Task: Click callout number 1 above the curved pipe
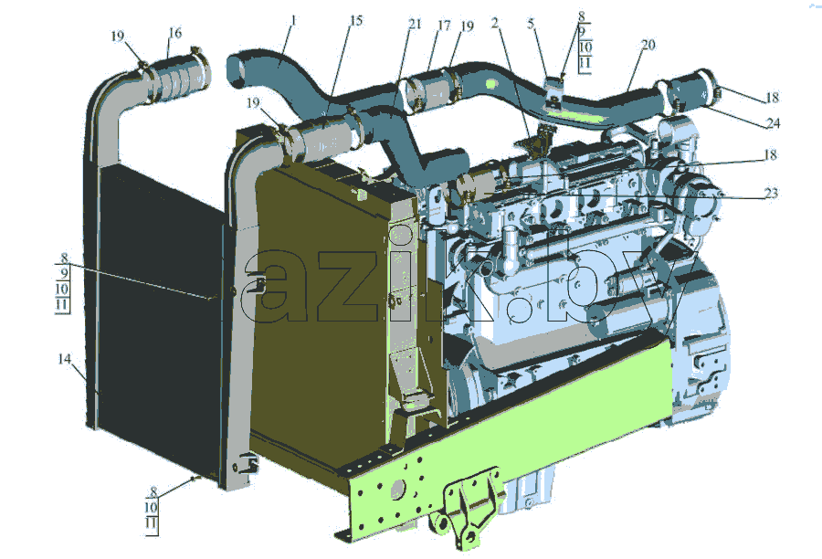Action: click(293, 21)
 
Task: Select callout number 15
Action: click(356, 21)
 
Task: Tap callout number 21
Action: click(415, 24)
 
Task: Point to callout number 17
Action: click(444, 26)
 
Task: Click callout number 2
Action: click(495, 23)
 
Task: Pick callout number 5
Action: click(531, 24)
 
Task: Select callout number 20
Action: click(648, 45)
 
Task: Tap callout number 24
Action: click(774, 123)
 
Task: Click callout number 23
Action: click(771, 194)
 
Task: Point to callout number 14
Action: click(64, 359)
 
